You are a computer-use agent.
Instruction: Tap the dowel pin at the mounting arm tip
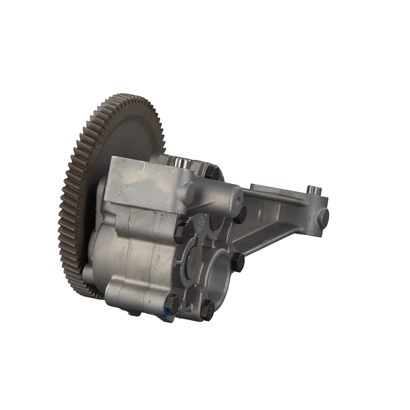point(313,189)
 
